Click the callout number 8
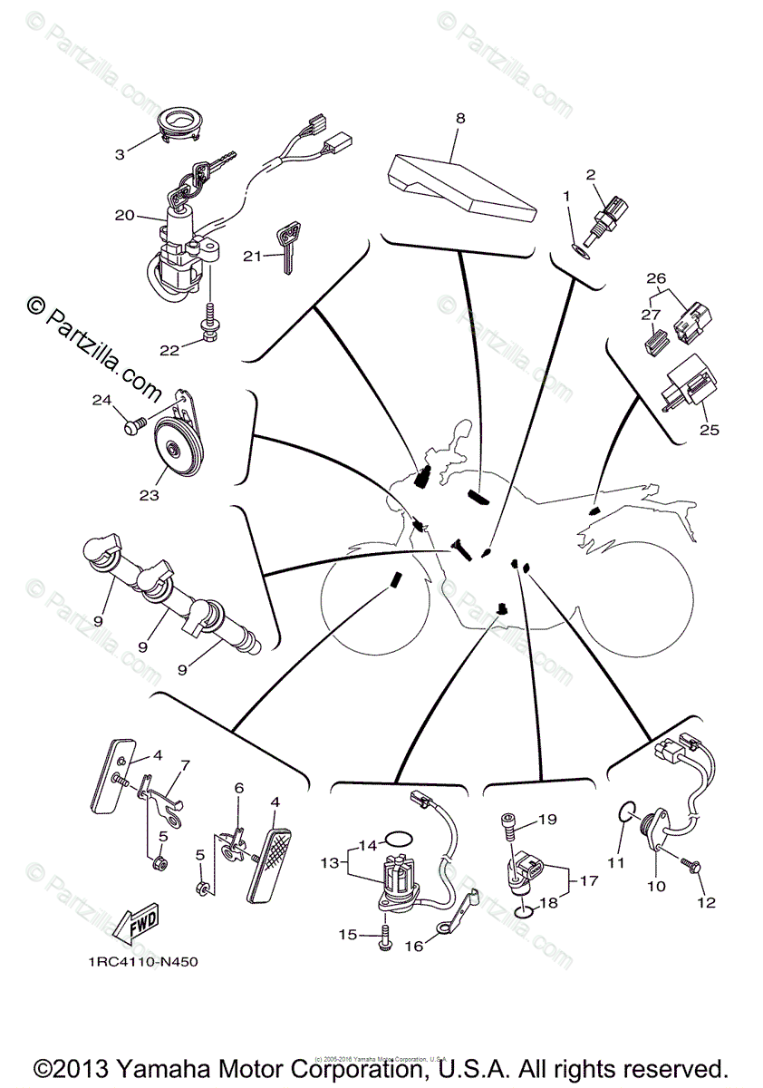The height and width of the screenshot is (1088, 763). click(460, 118)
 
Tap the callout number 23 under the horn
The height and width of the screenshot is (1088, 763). click(149, 495)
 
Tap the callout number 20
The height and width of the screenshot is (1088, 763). click(124, 215)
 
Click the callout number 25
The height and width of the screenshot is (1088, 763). click(709, 430)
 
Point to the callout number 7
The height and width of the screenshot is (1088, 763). click(185, 766)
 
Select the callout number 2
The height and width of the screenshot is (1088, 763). click(591, 174)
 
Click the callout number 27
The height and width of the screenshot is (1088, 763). click(650, 314)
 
